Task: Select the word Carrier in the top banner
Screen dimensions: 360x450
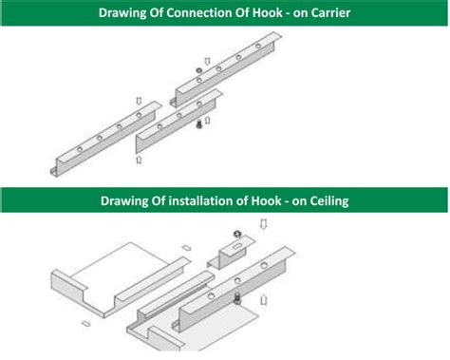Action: click(326, 12)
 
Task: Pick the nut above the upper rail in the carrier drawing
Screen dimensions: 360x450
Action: click(197, 72)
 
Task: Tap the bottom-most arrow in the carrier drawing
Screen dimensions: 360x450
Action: click(140, 161)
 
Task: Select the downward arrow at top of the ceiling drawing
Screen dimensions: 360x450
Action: click(264, 224)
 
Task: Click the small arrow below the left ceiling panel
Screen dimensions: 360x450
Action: click(84, 323)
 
